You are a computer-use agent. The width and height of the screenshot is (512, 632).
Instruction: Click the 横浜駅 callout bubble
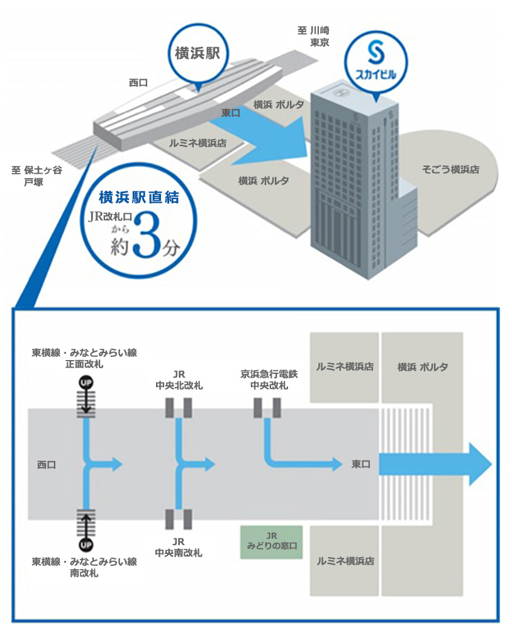click(x=198, y=54)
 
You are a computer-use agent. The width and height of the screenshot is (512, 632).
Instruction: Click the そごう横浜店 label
click(x=450, y=170)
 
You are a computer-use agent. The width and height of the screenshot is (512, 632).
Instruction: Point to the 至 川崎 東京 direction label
click(x=314, y=37)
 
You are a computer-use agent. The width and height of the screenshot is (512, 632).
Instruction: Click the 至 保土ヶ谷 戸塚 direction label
click(x=36, y=176)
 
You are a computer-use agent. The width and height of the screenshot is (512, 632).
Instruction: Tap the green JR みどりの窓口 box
click(x=272, y=542)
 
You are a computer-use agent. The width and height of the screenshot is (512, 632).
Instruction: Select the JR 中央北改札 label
click(x=179, y=380)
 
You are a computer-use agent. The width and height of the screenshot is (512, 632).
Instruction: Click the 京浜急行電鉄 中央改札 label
click(x=269, y=380)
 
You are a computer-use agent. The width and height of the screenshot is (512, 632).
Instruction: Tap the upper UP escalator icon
click(x=86, y=382)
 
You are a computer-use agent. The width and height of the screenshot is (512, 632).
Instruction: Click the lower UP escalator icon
click(x=86, y=545)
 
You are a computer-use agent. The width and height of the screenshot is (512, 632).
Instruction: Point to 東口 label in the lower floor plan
click(x=360, y=465)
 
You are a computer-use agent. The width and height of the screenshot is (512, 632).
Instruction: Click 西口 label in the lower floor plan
click(x=47, y=465)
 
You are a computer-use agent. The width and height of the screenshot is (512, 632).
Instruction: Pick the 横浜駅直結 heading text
click(x=139, y=198)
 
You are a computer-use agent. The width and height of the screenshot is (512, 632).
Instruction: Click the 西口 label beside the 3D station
click(x=138, y=82)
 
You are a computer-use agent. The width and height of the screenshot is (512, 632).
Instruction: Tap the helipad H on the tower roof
click(x=341, y=93)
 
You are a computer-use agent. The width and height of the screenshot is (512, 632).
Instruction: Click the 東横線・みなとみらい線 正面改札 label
click(x=84, y=358)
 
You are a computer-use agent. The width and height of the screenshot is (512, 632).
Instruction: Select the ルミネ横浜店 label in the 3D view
click(x=198, y=143)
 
